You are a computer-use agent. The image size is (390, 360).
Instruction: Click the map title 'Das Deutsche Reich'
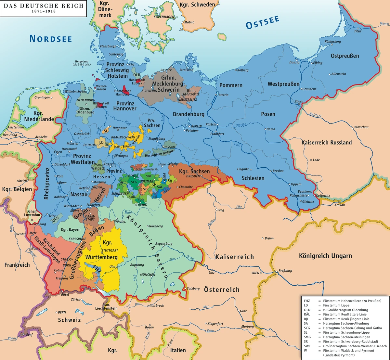point(43,6)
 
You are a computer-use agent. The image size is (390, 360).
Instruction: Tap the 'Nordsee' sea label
point(51,38)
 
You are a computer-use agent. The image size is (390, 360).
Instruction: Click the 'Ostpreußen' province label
point(345,56)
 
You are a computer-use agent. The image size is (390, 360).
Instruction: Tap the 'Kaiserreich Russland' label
point(326,142)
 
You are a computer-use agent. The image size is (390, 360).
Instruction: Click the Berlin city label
point(196,126)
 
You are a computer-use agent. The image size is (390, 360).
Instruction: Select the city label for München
point(148,275)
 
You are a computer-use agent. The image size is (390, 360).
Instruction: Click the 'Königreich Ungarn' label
point(325,256)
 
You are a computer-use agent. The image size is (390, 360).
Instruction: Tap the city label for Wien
point(255,273)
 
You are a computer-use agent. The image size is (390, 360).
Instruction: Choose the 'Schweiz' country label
point(69,320)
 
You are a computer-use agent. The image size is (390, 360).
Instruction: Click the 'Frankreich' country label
point(17,265)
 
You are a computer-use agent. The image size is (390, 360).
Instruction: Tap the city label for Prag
point(221,210)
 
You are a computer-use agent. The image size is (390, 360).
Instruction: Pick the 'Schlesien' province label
point(253,178)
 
